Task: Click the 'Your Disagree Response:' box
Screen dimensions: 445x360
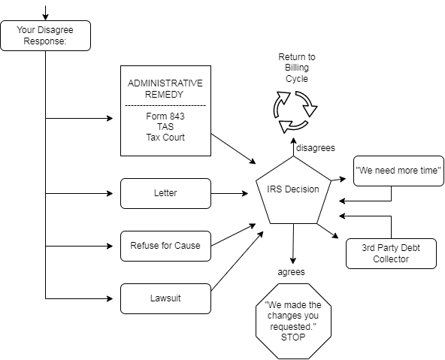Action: pos(45,36)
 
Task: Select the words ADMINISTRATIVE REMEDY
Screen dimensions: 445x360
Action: pos(165,89)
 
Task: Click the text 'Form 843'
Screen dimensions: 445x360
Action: pos(165,116)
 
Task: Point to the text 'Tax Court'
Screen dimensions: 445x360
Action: pos(165,138)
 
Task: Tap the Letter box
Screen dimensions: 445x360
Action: pos(165,193)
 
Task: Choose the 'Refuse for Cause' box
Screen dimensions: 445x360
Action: pos(165,246)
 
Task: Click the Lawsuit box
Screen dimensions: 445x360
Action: pos(165,298)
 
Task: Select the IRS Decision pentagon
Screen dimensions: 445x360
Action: pos(293,189)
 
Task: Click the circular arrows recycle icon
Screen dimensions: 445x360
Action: pos(295,112)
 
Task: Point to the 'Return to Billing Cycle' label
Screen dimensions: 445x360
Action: pos(297,68)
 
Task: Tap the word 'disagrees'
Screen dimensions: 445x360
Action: pos(315,148)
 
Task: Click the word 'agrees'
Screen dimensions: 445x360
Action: pos(291,272)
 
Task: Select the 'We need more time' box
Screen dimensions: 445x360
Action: pos(398,171)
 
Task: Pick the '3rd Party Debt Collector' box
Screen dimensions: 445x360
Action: pos(391,253)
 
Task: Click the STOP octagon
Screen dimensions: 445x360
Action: pos(293,321)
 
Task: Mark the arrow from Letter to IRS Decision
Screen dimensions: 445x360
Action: pos(229,193)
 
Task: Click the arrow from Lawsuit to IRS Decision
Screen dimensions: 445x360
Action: pos(238,261)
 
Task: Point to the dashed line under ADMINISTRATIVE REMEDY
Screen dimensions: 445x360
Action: pos(165,106)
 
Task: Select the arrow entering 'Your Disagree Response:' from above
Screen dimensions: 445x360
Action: pos(45,13)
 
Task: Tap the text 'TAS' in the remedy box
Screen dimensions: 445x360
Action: pos(165,126)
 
